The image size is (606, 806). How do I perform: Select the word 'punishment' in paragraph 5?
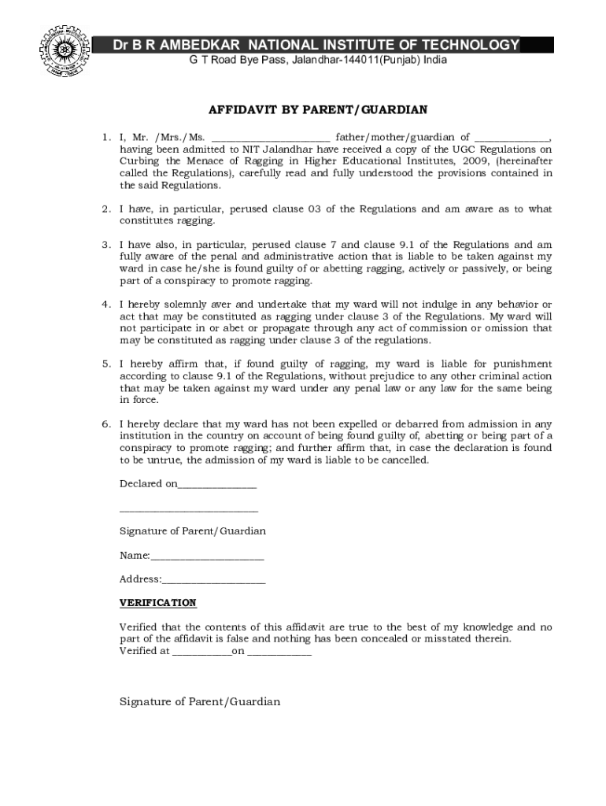pos(525,364)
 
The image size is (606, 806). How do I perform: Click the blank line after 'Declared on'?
pos(217,485)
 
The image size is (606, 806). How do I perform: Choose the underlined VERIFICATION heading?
pos(157,603)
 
